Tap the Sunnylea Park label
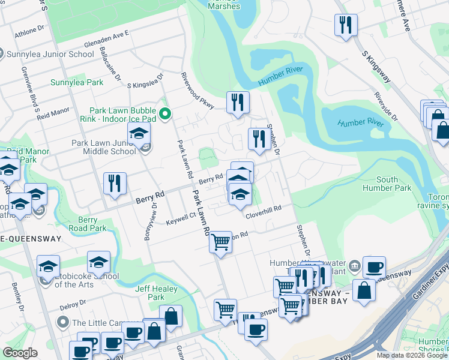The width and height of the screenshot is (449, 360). click(77, 82)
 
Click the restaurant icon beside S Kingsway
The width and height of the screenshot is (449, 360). click(346, 25)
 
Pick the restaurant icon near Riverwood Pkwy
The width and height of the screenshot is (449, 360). click(238, 102)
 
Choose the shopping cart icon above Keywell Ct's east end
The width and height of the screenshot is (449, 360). click(221, 242)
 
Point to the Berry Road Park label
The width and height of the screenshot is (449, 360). click(87, 224)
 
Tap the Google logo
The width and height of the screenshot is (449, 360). click(20, 353)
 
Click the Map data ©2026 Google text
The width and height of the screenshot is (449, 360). click(412, 355)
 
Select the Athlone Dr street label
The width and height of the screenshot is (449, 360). click(29, 30)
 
